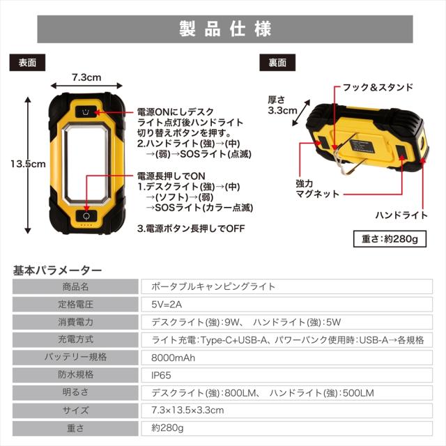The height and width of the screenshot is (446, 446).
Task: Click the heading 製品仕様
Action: tap(223, 29)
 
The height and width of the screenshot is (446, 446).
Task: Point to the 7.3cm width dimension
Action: tap(86, 77)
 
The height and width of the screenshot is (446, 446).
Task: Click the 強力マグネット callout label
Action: tap(316, 188)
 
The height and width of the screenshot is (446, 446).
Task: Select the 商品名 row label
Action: tap(76, 286)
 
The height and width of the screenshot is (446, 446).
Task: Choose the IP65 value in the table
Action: tap(161, 375)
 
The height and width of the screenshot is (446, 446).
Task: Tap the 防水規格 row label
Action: tap(76, 375)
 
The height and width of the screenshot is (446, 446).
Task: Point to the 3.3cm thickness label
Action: tap(282, 105)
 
